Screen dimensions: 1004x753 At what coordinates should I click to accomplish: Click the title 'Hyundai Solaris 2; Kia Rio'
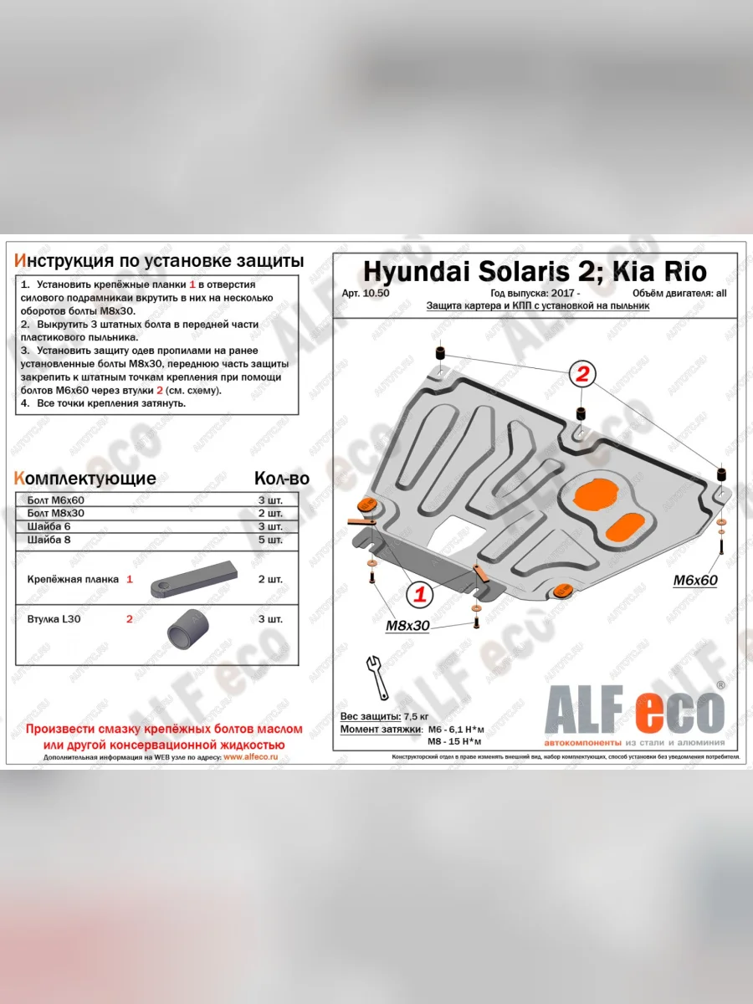(534, 271)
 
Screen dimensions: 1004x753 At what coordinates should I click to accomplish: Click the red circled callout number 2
(582, 373)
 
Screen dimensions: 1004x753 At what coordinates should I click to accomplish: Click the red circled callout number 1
(420, 595)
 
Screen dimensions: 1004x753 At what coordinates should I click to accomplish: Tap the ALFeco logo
(634, 713)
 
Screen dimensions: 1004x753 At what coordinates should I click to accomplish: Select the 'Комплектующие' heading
(85, 479)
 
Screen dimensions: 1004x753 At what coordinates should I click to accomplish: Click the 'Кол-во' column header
(281, 479)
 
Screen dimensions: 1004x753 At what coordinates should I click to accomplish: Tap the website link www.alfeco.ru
(250, 756)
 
